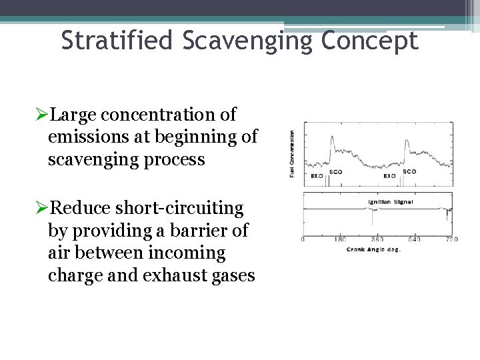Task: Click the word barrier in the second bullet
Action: tap(199, 231)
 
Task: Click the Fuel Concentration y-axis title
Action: tap(292, 153)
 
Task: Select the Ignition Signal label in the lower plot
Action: tap(390, 201)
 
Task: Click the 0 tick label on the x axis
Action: tap(303, 239)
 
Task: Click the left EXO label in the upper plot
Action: tap(317, 176)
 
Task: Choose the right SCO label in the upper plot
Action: tap(409, 171)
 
